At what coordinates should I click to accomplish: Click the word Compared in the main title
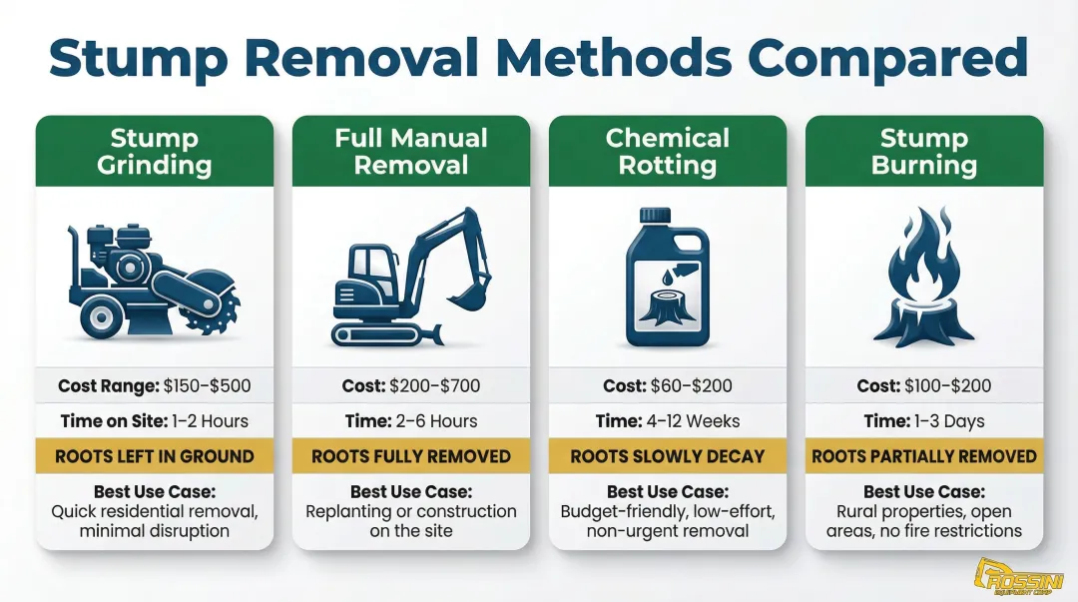[886, 57]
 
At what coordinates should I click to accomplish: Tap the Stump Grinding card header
[155, 151]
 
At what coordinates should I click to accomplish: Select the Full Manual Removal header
[411, 151]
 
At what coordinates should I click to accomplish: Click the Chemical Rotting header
[668, 151]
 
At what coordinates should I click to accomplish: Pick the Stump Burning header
[924, 151]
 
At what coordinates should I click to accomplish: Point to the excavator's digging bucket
[466, 293]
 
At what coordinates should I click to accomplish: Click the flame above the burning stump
[924, 263]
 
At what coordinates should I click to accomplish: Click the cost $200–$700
[442, 385]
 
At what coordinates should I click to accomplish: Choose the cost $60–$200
[699, 385]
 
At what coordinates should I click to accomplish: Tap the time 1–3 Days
[950, 420]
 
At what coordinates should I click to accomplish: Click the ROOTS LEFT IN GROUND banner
[155, 456]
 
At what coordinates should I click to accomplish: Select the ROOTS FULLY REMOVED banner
[411, 456]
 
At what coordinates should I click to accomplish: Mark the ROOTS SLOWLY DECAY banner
[668, 456]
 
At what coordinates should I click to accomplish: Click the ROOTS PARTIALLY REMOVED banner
[924, 456]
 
